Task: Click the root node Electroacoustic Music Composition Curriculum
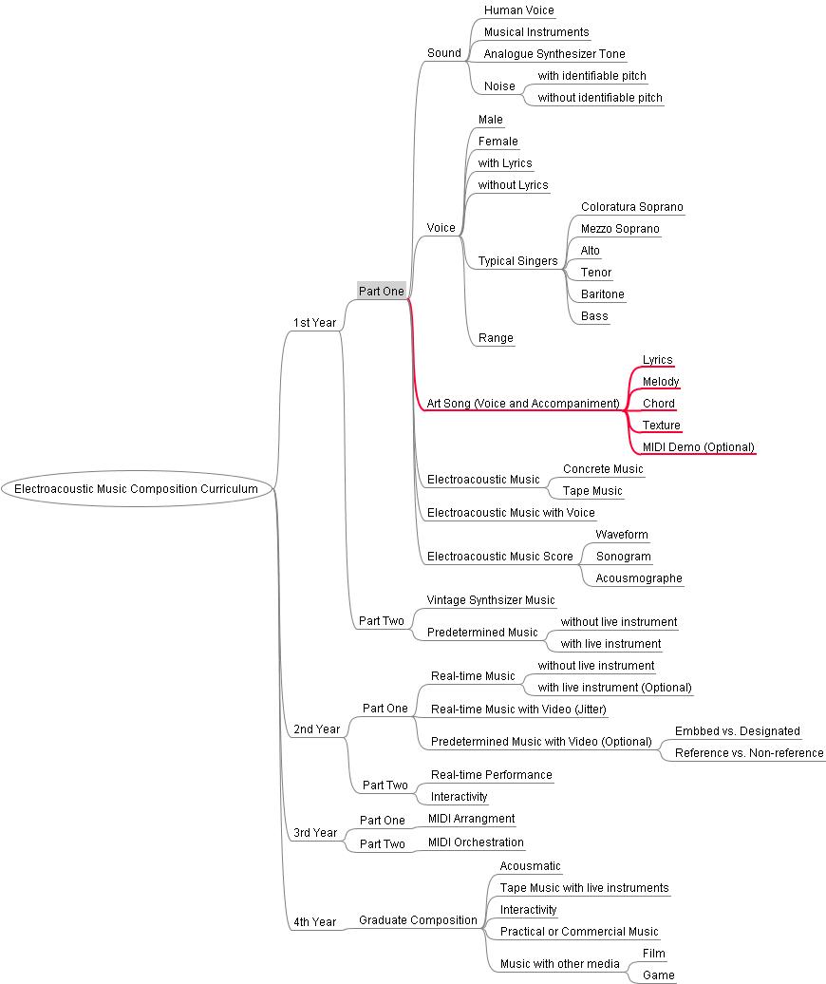pos(137,489)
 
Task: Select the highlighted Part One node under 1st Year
pos(382,291)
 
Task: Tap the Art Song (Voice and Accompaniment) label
pos(523,404)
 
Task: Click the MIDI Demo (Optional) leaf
pos(698,446)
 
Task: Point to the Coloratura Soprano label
pos(631,207)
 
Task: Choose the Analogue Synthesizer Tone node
pos(554,54)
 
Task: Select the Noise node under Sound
pos(499,86)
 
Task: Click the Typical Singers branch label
pos(517,261)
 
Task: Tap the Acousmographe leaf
pos(638,578)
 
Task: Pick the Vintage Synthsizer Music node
pos(491,600)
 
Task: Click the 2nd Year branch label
pos(317,729)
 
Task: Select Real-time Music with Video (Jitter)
pos(518,710)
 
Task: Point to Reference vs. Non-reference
pos(749,753)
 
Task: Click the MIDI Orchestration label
pos(476,842)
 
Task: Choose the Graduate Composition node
pos(418,920)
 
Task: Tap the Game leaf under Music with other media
pos(659,975)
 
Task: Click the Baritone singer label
pos(602,294)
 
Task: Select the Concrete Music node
pos(603,469)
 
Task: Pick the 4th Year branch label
pos(315,922)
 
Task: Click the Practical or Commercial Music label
pos(579,931)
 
